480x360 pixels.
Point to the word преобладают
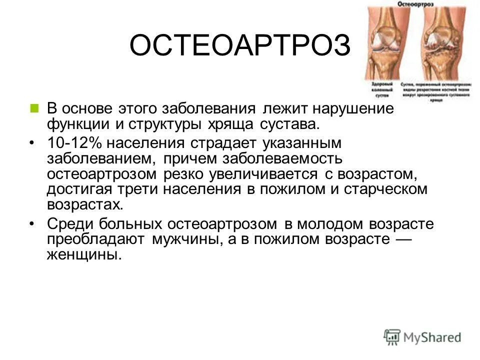point(95,239)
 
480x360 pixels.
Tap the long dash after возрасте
point(402,239)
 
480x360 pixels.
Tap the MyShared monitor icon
point(392,336)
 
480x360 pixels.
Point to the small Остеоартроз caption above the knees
point(414,4)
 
